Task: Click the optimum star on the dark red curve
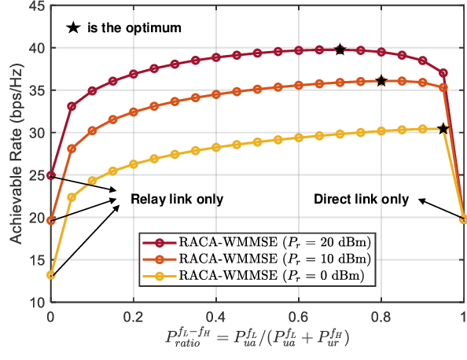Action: (340, 50)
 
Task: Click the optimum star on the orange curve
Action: (381, 81)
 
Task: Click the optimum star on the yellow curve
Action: (443, 128)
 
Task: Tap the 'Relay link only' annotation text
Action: (176, 200)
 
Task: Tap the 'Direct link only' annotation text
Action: (361, 200)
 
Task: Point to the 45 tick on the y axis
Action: (35, 6)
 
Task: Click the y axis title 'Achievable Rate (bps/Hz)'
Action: (13, 153)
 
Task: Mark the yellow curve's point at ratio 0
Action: (51, 275)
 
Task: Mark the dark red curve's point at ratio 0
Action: (51, 175)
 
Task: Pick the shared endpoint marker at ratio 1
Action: (463, 219)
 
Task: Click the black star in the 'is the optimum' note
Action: (73, 28)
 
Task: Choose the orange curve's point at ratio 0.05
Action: (72, 149)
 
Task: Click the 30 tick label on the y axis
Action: (35, 133)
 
